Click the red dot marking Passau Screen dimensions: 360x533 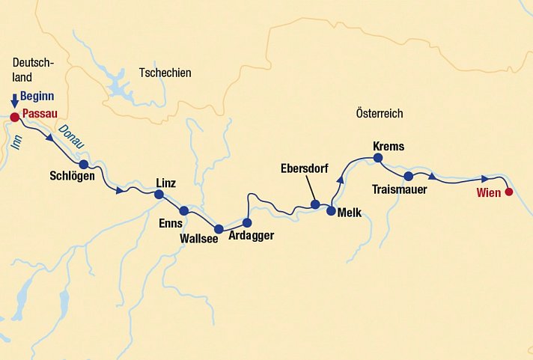coord(14,116)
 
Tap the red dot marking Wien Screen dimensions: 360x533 coord(509,192)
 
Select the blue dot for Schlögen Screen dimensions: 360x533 coord(84,165)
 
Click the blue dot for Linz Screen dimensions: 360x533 coord(159,195)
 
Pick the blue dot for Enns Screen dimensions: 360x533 coord(184,210)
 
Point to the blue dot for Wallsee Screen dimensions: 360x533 coord(219,229)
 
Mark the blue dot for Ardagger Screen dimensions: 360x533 coord(247,222)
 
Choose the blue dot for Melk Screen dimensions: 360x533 coord(331,210)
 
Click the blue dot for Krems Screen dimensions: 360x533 coord(378,158)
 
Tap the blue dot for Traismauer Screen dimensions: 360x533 coord(409,177)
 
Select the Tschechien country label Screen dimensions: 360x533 coord(165,73)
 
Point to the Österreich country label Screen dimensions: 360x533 coord(379,114)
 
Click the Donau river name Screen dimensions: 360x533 coord(72,135)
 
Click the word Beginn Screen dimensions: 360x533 coord(37,97)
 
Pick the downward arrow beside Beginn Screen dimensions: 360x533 coord(14,101)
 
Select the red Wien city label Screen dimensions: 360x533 coord(488,193)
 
